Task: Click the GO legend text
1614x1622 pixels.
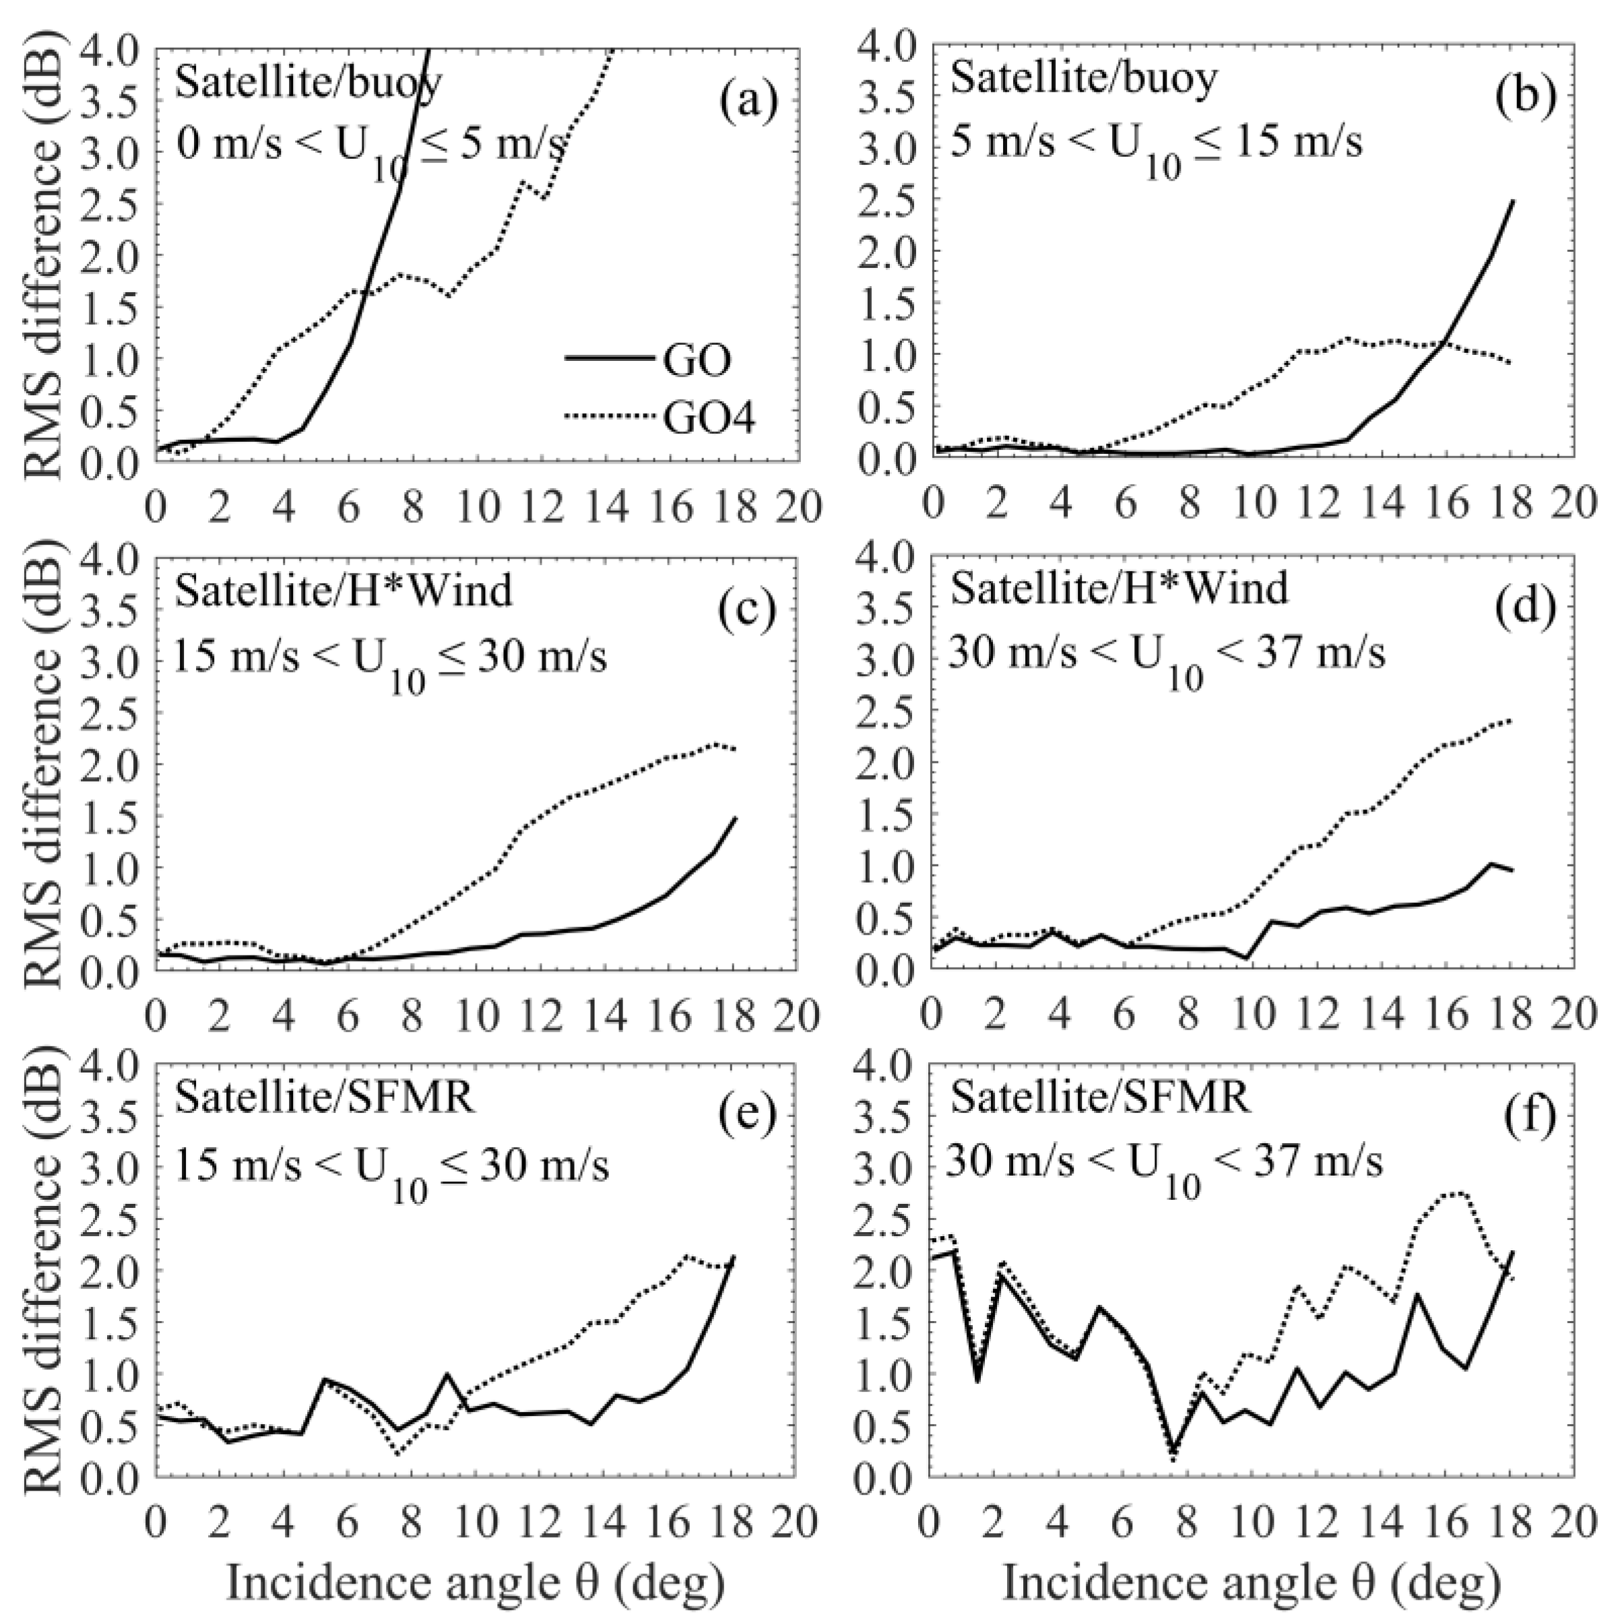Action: tap(696, 360)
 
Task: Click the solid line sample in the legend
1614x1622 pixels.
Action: tap(610, 358)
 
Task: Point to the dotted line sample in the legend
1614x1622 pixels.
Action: tap(610, 415)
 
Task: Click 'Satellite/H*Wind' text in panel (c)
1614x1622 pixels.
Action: tap(344, 590)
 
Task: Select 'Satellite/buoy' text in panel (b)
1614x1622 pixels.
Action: tap(1083, 79)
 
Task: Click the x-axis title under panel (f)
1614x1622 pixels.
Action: tap(1252, 1582)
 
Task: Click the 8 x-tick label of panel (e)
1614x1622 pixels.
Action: tap(412, 1520)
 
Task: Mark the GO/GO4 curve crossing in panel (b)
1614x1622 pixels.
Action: tap(1444, 341)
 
